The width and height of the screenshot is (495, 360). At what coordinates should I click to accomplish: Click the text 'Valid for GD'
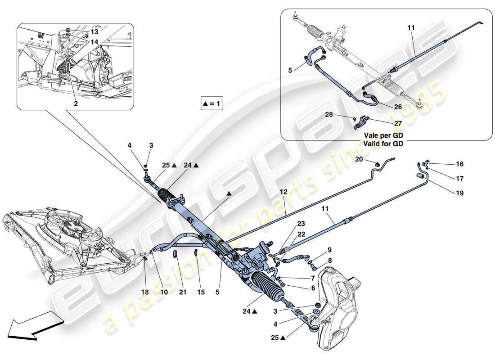coord(385,144)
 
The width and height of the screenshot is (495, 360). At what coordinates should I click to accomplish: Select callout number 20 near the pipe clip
coord(359,159)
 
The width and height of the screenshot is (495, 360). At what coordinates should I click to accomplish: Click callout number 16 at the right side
coord(459,164)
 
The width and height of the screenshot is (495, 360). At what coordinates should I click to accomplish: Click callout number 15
coord(201,292)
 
